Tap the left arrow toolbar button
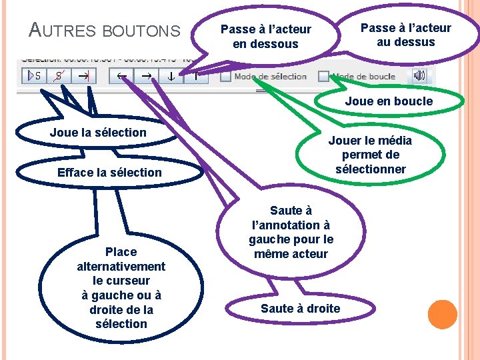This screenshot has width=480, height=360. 123,76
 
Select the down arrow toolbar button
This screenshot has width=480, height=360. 171,76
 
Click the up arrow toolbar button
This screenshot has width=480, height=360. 195,76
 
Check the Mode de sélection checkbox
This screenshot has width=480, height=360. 226,76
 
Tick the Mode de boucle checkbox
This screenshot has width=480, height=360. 324,76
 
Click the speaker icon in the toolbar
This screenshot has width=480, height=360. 419,75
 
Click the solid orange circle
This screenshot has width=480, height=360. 442,314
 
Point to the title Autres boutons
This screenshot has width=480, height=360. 105,30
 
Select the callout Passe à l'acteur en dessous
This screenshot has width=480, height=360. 265,37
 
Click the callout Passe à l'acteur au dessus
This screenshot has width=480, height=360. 405,35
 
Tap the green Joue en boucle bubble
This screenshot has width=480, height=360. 389,101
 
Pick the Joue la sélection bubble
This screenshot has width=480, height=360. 98,132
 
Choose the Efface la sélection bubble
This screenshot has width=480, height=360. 109,172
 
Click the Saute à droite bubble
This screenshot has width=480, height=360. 300,308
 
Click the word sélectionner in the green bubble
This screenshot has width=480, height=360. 371,169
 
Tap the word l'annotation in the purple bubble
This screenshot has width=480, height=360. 291,225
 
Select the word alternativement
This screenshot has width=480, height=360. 121,266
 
